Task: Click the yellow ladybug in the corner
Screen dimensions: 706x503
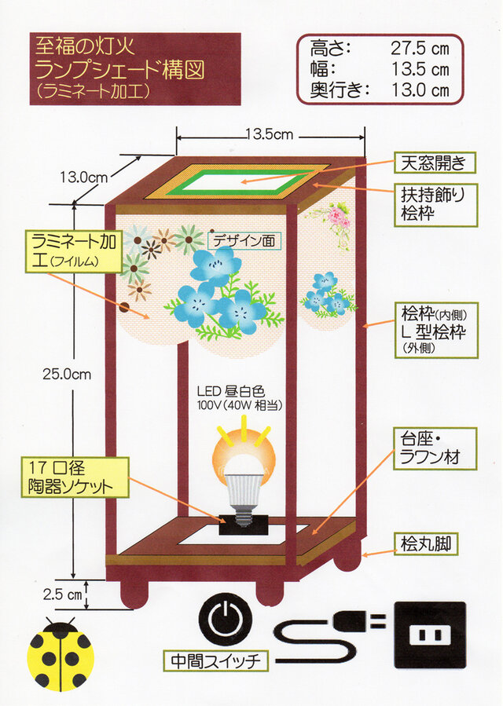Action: pyautogui.click(x=61, y=654)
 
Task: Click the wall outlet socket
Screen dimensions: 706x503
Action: pyautogui.click(x=430, y=635)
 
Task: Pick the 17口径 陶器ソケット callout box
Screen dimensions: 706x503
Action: pyautogui.click(x=75, y=477)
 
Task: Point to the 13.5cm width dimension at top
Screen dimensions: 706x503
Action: pyautogui.click(x=269, y=134)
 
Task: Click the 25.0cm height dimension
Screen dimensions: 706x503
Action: pyautogui.click(x=67, y=375)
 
